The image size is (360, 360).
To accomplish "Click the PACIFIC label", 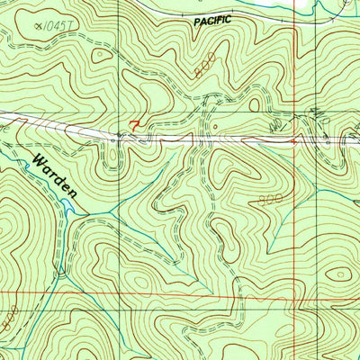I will [x=213, y=19].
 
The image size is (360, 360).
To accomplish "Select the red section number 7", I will [x=135, y=126].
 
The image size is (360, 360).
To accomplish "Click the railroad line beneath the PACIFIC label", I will [x=213, y=32].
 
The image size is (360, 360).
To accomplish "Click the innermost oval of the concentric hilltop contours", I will [x=339, y=274].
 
